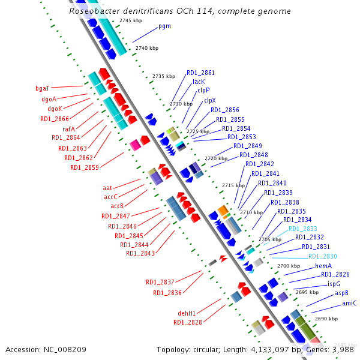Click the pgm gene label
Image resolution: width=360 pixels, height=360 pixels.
click(164, 26)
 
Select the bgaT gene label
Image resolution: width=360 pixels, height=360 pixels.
click(43, 88)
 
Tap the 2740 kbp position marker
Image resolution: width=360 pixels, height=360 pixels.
click(147, 48)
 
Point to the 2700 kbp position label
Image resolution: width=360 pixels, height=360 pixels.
click(289, 266)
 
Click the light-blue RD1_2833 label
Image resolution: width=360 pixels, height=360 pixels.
click(303, 229)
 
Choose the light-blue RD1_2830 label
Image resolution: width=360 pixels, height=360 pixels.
click(323, 256)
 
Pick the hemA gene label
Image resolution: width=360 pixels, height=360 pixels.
click(323, 266)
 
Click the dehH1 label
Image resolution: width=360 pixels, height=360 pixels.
click(187, 313)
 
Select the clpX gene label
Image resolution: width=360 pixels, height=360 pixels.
click(210, 101)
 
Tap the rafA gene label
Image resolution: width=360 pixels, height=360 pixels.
click(68, 129)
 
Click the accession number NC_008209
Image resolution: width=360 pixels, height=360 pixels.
click(65, 350)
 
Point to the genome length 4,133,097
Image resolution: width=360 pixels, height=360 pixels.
click(270, 350)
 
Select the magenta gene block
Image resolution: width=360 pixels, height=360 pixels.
click(135, 145)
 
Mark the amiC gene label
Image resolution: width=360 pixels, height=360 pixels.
click(349, 303)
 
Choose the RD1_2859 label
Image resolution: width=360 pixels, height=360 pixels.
click(85, 167)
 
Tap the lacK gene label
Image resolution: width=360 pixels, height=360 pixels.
click(199, 82)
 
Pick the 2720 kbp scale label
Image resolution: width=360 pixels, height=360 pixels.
click(216, 158)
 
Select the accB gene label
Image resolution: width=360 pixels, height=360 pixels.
click(117, 206)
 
